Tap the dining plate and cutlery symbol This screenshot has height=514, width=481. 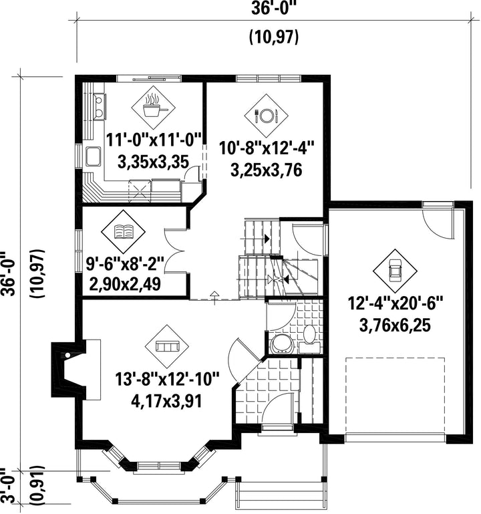point(266,116)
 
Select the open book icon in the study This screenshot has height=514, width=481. point(123,231)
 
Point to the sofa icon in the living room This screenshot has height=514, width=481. point(167,346)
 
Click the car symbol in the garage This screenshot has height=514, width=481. point(395,271)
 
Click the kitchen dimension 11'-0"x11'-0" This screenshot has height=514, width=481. point(154,141)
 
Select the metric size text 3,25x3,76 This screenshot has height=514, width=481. point(266,170)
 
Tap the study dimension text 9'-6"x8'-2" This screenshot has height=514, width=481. point(124,264)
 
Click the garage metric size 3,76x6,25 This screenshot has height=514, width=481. point(395,326)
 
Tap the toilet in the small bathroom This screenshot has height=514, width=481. point(309,338)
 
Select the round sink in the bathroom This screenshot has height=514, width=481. point(281,344)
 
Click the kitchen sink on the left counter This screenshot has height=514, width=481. point(93,156)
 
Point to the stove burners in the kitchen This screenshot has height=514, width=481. point(99,106)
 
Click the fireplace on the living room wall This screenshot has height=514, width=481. point(75,370)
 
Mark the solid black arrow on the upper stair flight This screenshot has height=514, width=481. point(267,239)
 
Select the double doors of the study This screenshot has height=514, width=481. point(174,251)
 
